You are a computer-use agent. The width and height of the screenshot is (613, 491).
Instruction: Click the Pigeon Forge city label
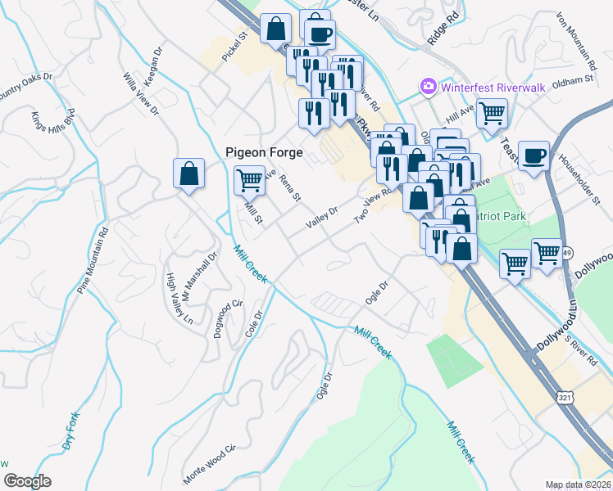[x=265, y=152]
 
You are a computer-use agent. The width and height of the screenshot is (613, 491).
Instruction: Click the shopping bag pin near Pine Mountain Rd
[x=188, y=174]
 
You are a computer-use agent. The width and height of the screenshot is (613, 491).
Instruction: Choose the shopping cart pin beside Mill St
[x=250, y=179]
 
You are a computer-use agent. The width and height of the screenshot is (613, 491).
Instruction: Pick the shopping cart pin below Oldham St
[x=492, y=114]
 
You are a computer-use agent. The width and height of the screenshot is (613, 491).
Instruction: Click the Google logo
[x=27, y=480]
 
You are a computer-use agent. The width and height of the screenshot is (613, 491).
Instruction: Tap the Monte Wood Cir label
[x=209, y=464]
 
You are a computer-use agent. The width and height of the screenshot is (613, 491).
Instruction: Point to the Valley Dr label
[x=321, y=218]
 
